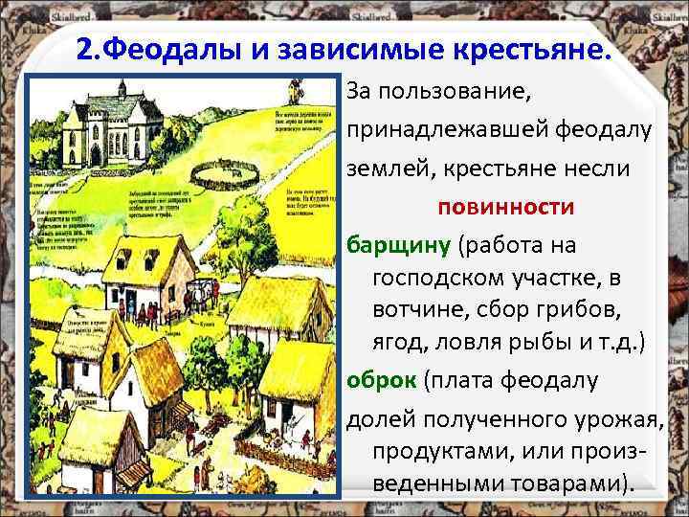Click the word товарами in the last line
[x=565, y=482]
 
